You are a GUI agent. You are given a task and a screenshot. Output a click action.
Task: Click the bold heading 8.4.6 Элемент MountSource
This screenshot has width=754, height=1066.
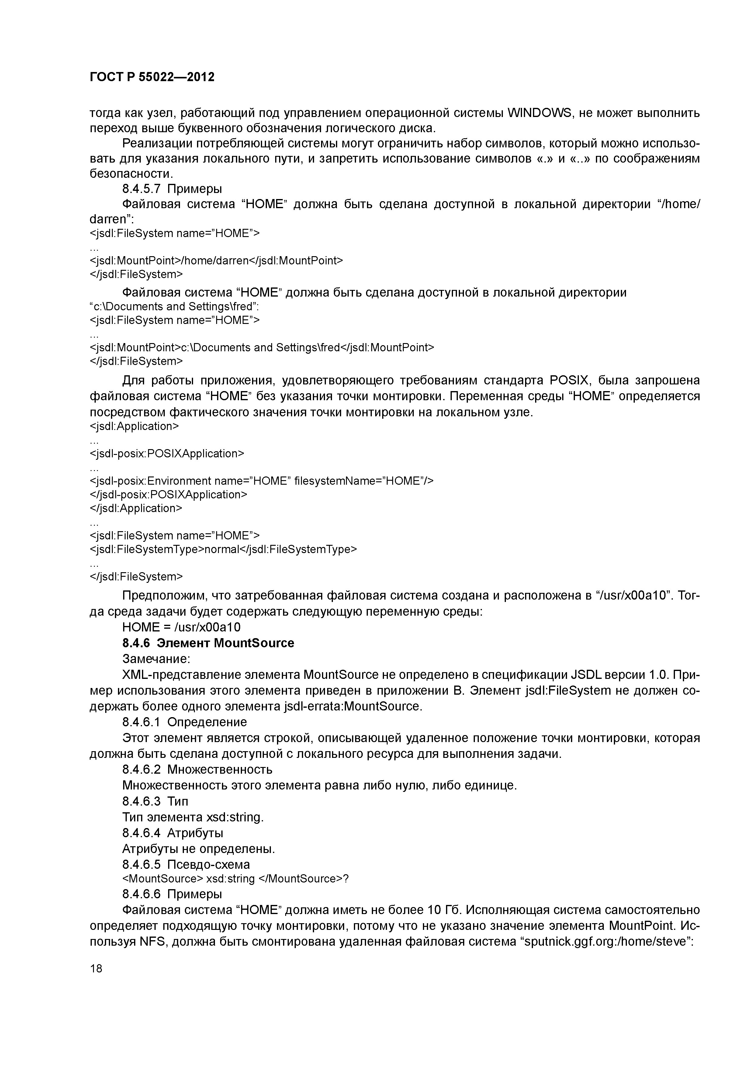208,643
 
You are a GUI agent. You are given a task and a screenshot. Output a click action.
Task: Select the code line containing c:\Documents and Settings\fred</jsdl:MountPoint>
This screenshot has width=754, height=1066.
261,348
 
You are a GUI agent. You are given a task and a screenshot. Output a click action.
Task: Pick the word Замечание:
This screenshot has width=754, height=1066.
156,659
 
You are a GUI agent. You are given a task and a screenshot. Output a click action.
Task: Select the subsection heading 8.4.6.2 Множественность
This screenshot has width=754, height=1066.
197,769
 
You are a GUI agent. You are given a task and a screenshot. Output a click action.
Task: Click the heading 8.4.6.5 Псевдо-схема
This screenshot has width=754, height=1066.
186,865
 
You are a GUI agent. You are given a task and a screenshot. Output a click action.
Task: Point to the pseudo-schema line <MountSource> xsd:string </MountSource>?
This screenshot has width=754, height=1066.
235,879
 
